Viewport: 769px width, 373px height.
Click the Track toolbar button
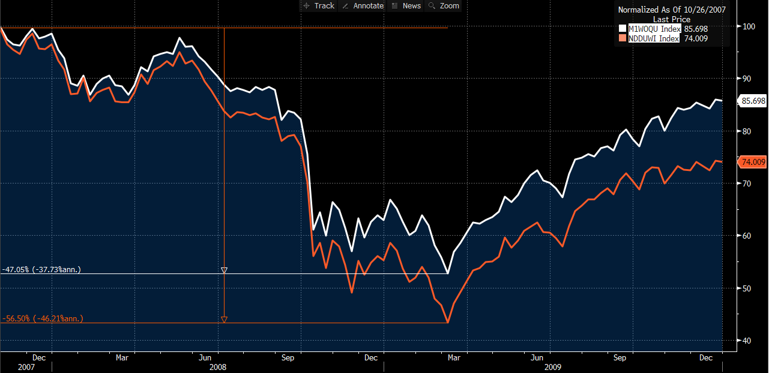[319, 6]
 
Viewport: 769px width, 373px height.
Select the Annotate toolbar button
[362, 6]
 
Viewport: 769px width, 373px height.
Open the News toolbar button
[406, 6]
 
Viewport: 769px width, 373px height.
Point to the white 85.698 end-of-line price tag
[753, 101]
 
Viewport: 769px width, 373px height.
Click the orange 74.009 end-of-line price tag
[753, 162]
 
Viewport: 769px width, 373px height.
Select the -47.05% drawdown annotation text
[41, 270]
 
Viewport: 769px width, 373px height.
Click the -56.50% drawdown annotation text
[43, 319]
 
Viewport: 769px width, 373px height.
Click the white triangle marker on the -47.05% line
[224, 270]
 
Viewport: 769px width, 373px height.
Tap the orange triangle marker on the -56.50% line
[224, 320]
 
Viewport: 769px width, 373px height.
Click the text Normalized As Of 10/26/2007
[671, 9]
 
